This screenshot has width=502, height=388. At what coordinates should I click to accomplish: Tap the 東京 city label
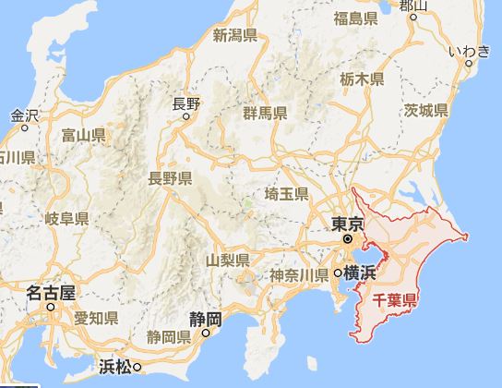pyautogui.click(x=345, y=224)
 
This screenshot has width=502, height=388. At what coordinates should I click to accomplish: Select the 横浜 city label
pyautogui.click(x=361, y=273)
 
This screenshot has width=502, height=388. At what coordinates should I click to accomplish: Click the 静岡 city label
pyautogui.click(x=203, y=319)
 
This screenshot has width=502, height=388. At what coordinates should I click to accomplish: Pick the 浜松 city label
pyautogui.click(x=114, y=366)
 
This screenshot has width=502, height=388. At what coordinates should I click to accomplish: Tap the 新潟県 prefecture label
pyautogui.click(x=234, y=36)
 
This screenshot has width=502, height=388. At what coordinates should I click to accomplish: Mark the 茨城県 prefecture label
pyautogui.click(x=424, y=111)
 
